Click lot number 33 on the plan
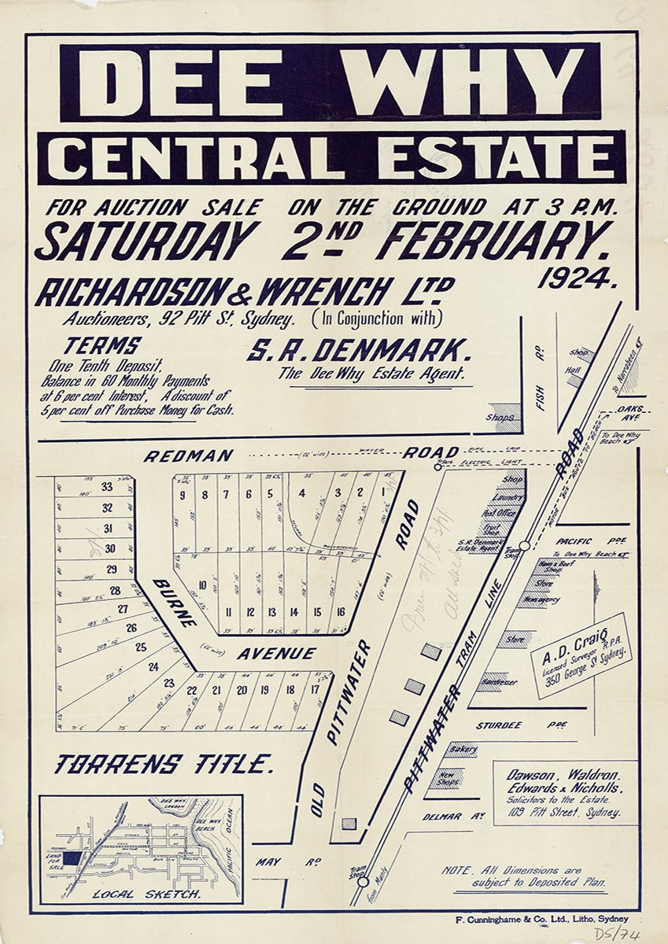(107, 487)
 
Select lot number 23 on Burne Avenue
(168, 683)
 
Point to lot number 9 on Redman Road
(182, 495)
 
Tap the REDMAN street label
(188, 455)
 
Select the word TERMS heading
(102, 345)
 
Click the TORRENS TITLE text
(164, 764)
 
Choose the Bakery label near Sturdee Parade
(463, 750)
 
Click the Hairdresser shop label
(499, 682)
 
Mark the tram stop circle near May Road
(362, 881)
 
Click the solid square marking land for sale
(72, 859)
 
